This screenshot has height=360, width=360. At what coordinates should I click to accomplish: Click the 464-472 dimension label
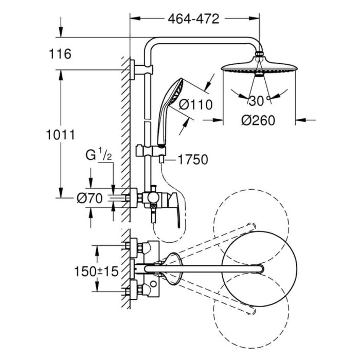click(x=193, y=19)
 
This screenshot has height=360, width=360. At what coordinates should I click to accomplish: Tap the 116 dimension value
click(x=61, y=53)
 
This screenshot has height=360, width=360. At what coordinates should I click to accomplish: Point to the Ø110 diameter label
click(x=195, y=105)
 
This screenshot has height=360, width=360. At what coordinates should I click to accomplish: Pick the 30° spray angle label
click(x=259, y=99)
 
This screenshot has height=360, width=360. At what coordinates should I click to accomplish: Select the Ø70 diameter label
click(x=92, y=197)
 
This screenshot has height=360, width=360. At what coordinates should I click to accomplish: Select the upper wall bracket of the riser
click(x=135, y=70)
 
